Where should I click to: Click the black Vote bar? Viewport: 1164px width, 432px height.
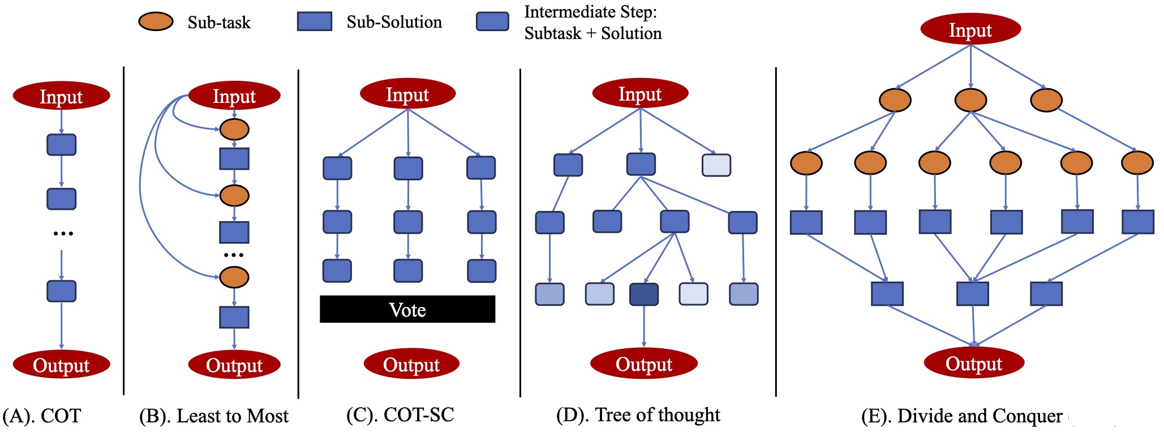[x=407, y=309]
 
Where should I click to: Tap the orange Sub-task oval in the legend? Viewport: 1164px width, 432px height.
[x=156, y=21]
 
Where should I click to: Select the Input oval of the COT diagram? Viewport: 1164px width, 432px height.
[x=61, y=96]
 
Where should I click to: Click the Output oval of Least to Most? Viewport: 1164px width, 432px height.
[x=234, y=365]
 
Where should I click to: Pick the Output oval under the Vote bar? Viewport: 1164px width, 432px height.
[x=411, y=364]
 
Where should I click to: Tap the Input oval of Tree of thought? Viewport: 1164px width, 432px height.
[x=640, y=93]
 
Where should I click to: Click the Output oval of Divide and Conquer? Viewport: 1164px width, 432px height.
[x=974, y=363]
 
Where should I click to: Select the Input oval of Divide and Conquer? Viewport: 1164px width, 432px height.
[x=970, y=29]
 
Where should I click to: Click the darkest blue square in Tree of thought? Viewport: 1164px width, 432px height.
[x=644, y=294]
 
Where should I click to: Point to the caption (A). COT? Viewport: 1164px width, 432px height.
[x=42, y=416]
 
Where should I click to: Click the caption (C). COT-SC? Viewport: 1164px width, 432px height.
[x=400, y=415]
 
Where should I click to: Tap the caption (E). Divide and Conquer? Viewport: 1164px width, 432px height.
[x=962, y=416]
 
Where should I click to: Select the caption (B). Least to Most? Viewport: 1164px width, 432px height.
[x=214, y=416]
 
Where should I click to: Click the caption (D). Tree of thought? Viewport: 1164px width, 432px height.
[x=638, y=415]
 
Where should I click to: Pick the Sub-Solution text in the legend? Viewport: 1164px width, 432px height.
[x=394, y=22]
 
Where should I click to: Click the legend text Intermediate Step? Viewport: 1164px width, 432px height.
[x=591, y=12]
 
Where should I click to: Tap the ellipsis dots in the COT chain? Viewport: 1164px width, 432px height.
[x=63, y=233]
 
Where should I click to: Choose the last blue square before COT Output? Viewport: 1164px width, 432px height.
[x=61, y=291]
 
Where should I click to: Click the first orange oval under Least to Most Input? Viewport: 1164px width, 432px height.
[x=234, y=129]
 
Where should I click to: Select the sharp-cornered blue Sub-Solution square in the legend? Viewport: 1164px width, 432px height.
[x=315, y=21]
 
